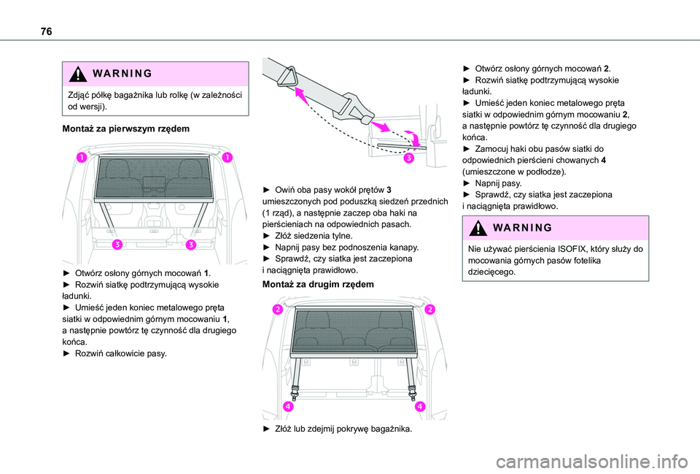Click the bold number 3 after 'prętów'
(x=389, y=191)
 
